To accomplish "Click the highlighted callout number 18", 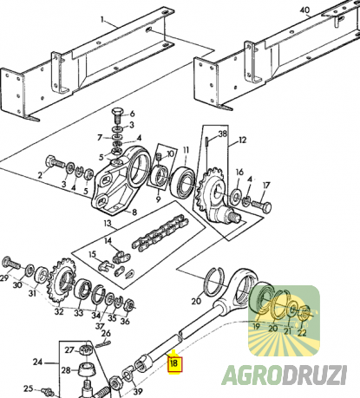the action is [x=174, y=363].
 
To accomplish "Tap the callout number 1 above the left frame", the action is [x=102, y=19].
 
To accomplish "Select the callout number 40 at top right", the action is [x=304, y=10].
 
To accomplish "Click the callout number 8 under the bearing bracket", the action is [x=134, y=212].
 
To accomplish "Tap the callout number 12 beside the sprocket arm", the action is [x=242, y=140].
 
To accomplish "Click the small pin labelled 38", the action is [x=206, y=141].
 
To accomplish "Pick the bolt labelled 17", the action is [x=261, y=206].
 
